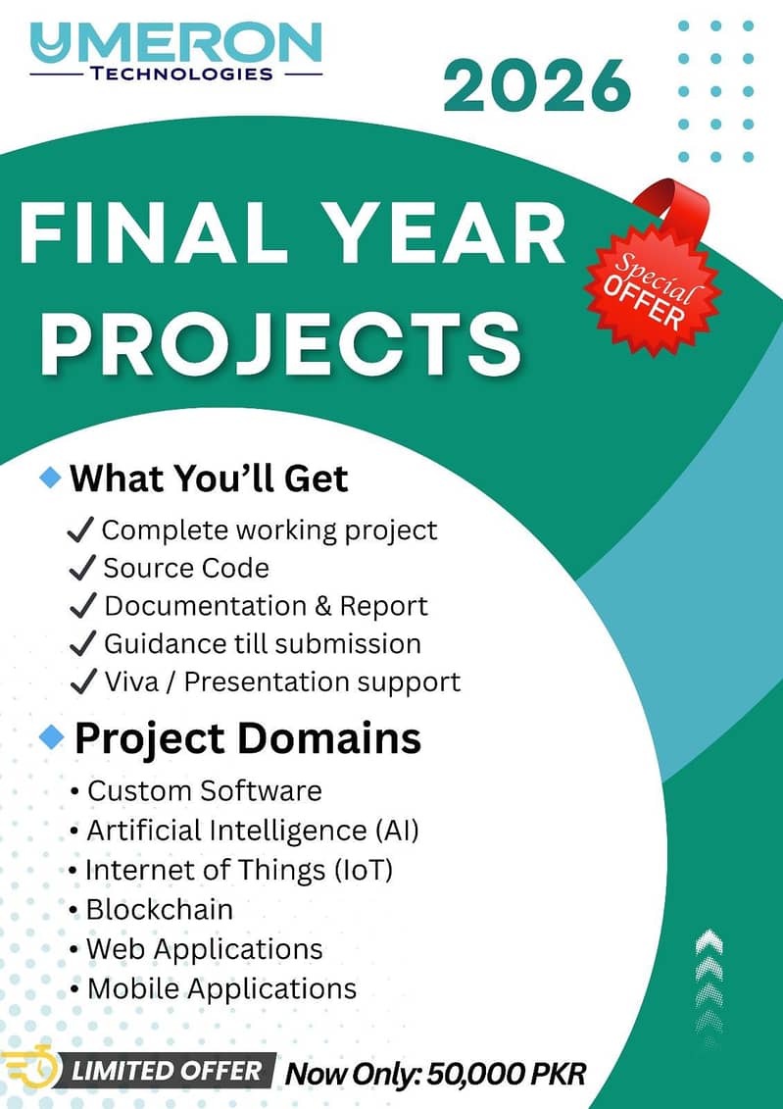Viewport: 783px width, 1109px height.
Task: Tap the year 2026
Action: (x=537, y=86)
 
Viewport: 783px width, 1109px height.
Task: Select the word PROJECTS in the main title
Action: (x=282, y=343)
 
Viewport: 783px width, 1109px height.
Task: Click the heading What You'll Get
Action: (x=209, y=479)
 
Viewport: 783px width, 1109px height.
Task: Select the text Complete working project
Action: (x=269, y=530)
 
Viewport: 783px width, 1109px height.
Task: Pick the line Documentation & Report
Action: (x=266, y=606)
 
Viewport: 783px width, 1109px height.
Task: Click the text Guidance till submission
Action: (x=263, y=644)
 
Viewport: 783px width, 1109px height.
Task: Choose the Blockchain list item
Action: (x=159, y=909)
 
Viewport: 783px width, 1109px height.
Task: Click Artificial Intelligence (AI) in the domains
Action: (x=253, y=831)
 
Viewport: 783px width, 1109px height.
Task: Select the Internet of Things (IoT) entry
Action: (x=238, y=870)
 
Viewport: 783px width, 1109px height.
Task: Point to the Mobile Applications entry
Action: (x=221, y=988)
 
